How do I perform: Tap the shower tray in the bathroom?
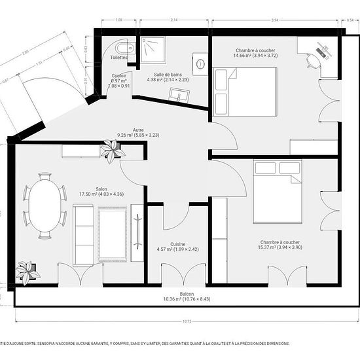coord(152,48)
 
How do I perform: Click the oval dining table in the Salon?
coord(45,206)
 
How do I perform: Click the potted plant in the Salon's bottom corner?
coord(27,272)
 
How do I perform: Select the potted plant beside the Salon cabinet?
coord(113,151)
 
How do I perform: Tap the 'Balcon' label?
coord(187,294)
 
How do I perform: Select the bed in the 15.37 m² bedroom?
coord(277,191)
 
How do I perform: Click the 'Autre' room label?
coord(138,130)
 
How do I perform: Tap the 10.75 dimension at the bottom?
coord(187,321)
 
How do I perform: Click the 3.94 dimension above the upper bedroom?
coord(275,21)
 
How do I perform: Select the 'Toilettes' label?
coord(119,58)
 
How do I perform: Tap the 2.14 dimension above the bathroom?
coord(173,21)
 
